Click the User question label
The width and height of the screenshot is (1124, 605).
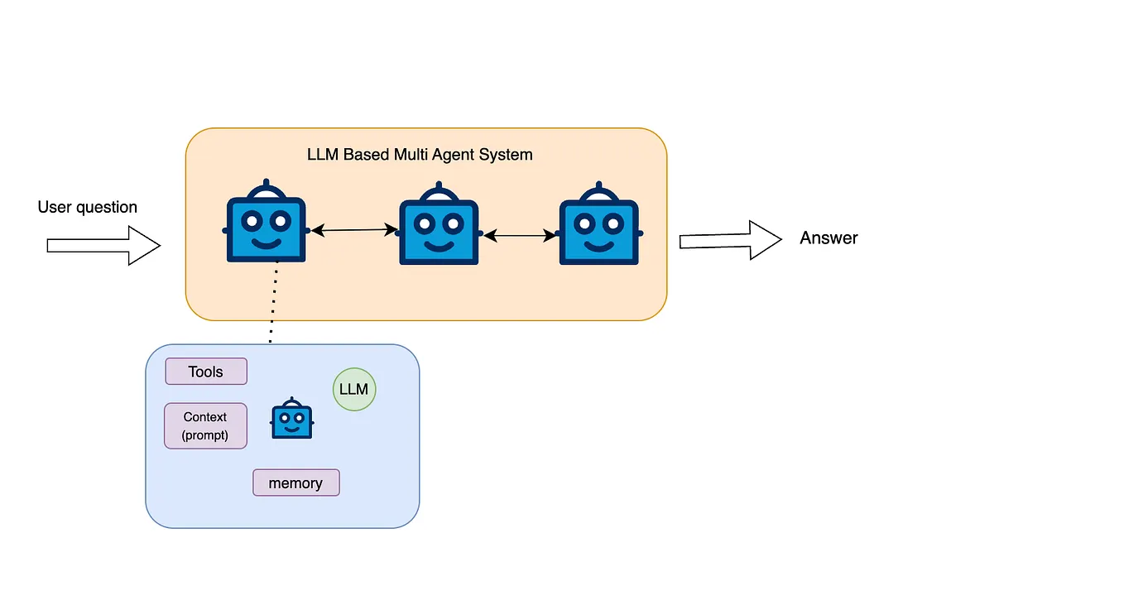(87, 207)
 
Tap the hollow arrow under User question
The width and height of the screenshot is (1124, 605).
(103, 245)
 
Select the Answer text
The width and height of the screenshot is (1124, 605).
(829, 238)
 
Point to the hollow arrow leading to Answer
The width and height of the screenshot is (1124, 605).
(731, 240)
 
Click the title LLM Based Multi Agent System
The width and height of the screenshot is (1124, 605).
(420, 155)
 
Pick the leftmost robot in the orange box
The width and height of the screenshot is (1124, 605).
(266, 221)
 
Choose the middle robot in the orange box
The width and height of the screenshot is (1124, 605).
(439, 223)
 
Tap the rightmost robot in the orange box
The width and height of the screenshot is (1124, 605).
(599, 223)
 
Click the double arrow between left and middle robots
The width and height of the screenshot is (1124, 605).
(354, 230)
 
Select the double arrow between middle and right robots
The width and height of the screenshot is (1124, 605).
(520, 235)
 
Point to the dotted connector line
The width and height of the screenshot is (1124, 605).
(273, 303)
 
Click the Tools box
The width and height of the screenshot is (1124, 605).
(206, 372)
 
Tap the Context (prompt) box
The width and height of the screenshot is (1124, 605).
(206, 426)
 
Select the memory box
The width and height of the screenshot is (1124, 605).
(296, 483)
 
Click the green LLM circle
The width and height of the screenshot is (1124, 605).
(354, 389)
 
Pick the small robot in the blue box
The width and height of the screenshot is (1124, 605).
(292, 418)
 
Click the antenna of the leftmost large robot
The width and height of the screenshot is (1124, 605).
(266, 183)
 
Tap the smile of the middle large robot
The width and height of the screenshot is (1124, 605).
(439, 246)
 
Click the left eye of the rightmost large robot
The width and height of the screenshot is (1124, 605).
(585, 223)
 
